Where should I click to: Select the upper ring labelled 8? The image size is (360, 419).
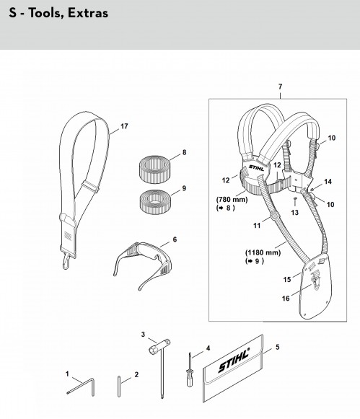154,169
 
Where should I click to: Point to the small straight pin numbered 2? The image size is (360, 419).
119,387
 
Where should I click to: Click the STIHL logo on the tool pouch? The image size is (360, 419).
234,360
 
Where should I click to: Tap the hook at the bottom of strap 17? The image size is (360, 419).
66,261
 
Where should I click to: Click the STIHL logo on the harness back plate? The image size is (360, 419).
256,168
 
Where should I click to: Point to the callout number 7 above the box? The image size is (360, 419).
280,87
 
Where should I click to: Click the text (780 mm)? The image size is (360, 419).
232,199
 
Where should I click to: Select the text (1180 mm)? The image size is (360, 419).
263,252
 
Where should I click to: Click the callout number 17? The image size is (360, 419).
124,126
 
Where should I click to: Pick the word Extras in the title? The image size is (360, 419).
88,13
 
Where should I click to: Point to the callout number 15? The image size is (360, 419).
287,279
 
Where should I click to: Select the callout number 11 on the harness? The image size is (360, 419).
257,226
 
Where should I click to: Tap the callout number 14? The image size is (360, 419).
328,182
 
